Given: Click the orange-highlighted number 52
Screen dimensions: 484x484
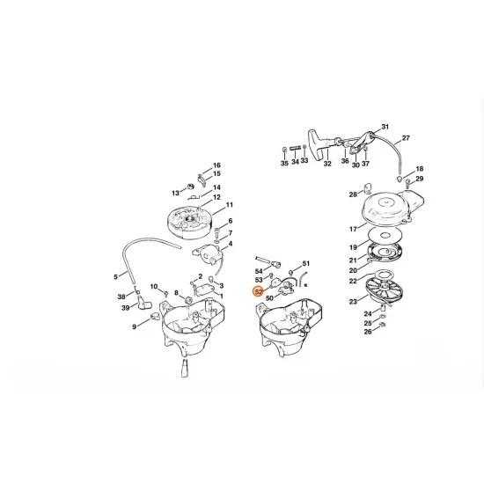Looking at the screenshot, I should coord(258,291).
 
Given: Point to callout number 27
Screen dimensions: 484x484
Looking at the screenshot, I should coord(406,138).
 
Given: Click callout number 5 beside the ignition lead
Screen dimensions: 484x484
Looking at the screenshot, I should coord(115,276).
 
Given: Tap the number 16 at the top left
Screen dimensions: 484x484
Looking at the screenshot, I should coord(217,165).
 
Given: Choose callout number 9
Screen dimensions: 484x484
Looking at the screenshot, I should coord(135,326).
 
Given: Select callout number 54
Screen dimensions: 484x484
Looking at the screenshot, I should coord(260,271).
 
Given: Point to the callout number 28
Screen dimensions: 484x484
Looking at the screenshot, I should coord(352,194).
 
